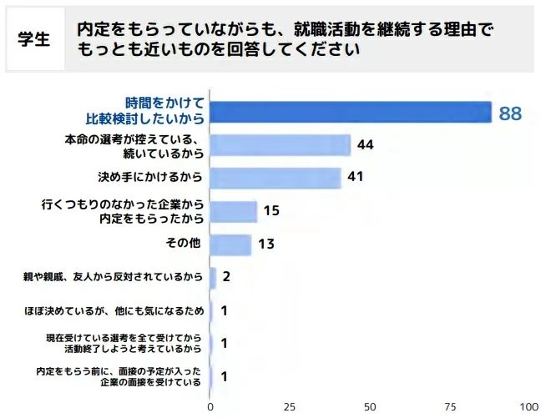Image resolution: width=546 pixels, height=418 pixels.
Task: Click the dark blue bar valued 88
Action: (350, 113)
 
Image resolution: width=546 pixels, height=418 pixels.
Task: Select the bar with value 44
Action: (280, 145)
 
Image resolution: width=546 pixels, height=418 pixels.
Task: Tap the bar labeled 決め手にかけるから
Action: (276, 178)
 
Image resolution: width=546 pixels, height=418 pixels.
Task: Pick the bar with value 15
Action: (233, 211)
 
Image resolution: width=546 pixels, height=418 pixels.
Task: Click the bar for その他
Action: (230, 244)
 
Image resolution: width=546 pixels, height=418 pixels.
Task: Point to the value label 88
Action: (510, 113)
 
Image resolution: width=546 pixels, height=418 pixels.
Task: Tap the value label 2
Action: (225, 277)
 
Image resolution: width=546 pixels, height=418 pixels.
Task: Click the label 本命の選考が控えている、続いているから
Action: (135, 145)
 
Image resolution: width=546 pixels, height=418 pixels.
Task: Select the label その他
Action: (183, 244)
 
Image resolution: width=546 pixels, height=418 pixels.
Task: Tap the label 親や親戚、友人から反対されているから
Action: (114, 276)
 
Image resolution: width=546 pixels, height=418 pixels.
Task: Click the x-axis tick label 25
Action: (289, 407)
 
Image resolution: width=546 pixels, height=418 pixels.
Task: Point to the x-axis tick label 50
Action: (369, 407)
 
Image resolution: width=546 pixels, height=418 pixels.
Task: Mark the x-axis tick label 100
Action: (528, 407)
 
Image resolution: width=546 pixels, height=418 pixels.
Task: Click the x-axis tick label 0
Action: (210, 407)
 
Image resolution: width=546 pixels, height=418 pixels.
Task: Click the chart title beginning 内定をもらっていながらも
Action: (284, 39)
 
